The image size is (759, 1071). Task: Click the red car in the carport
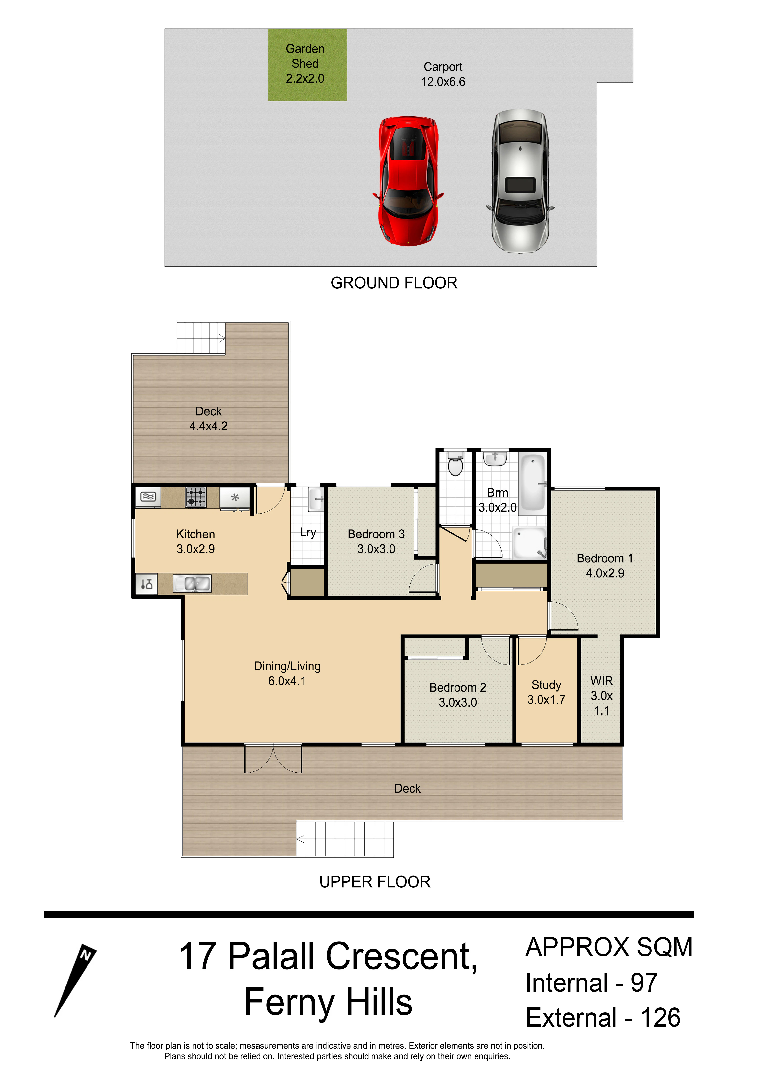click(x=408, y=181)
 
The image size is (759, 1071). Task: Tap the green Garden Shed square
click(x=307, y=64)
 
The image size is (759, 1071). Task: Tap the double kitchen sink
click(x=192, y=584)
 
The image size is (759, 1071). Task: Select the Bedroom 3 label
click(x=376, y=534)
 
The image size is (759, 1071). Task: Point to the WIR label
click(x=602, y=681)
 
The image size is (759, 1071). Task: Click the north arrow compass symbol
click(x=75, y=980)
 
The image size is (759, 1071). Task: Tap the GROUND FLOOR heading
click(x=394, y=283)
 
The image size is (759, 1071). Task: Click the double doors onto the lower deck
click(x=273, y=758)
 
